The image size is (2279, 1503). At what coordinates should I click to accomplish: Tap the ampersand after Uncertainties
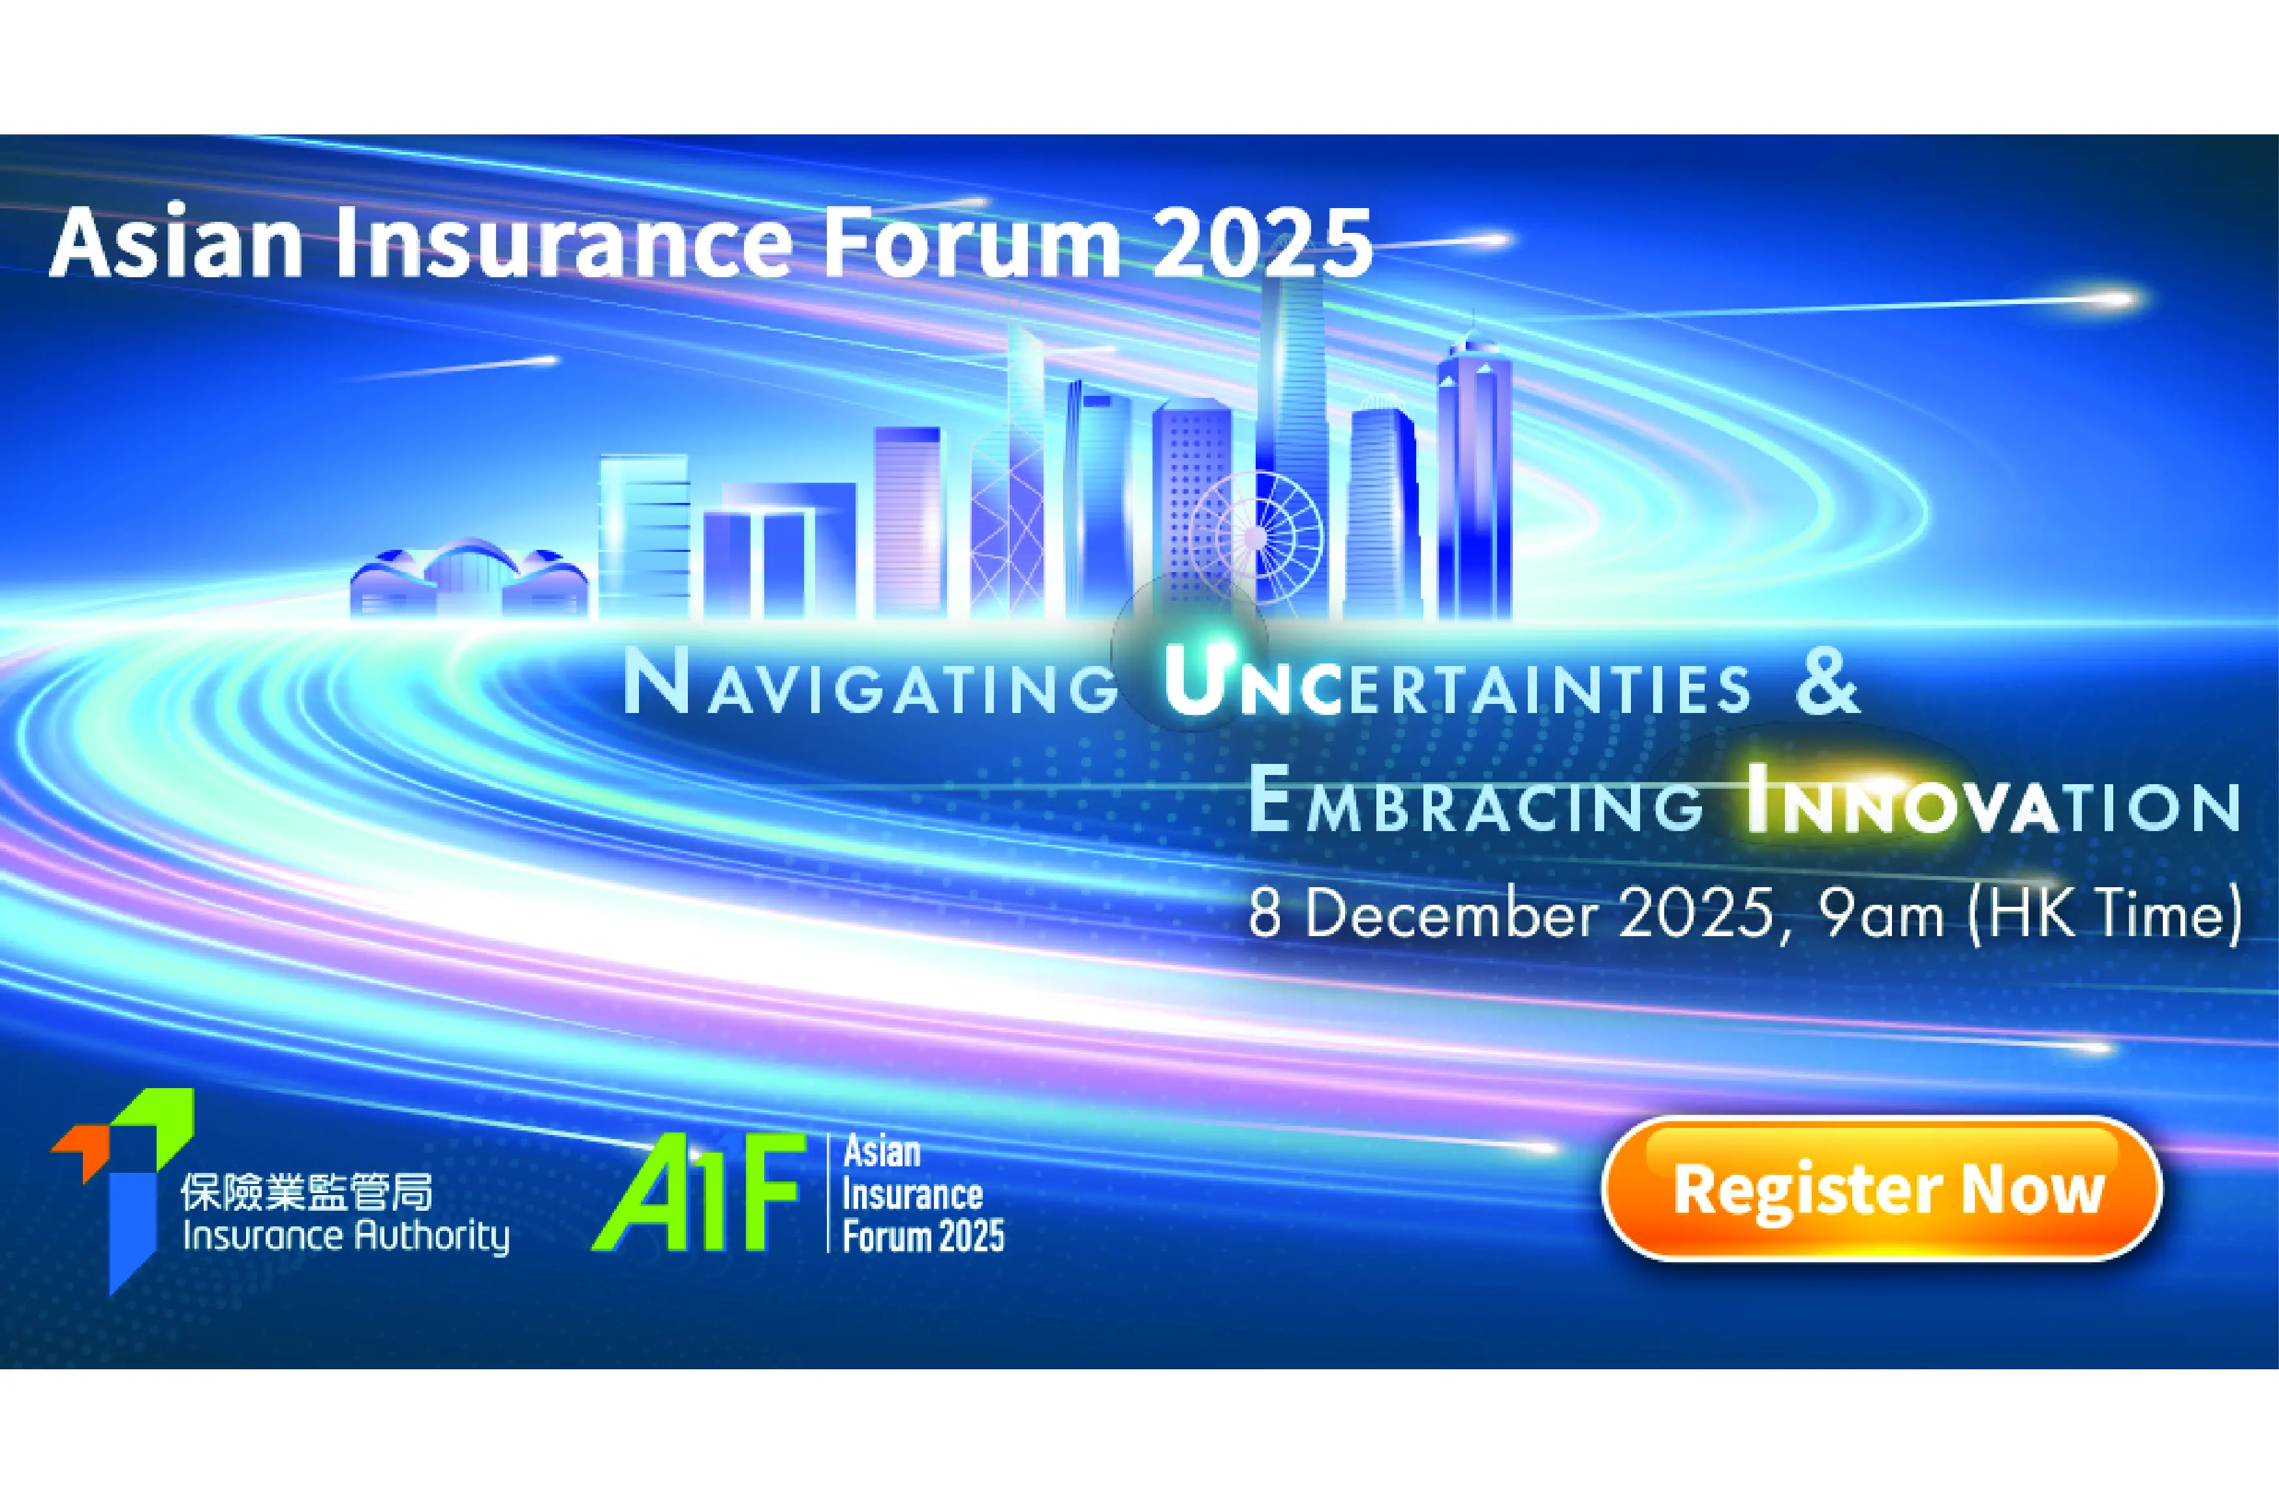tap(1827, 682)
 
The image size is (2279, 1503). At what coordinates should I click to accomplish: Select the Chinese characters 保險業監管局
tap(307, 1193)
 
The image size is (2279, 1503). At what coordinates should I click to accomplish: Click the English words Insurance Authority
tap(345, 1237)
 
